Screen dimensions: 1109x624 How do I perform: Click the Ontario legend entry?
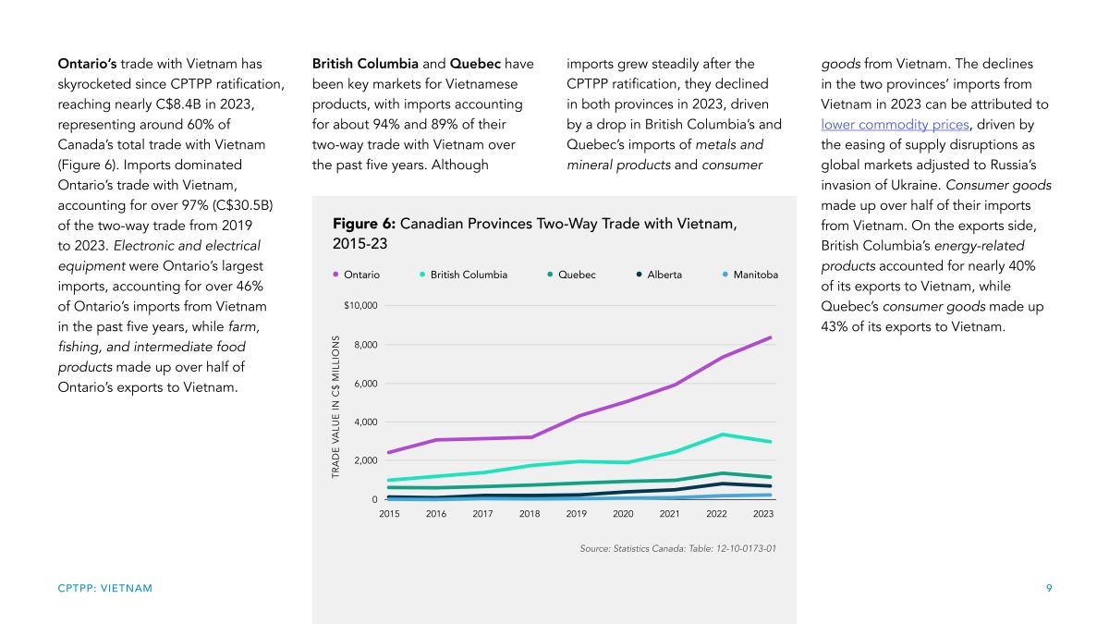pos(357,275)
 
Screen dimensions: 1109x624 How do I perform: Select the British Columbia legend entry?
pos(463,275)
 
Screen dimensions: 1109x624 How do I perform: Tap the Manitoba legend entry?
pos(750,275)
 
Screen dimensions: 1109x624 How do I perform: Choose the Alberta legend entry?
pos(659,275)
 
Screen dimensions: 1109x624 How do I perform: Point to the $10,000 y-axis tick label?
pos(360,306)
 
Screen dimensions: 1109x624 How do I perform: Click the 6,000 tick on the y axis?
pos(366,384)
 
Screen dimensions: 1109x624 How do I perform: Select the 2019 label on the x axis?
pos(577,514)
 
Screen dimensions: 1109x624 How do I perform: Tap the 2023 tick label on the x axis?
pos(763,514)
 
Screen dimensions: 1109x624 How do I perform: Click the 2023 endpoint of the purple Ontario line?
pos(770,337)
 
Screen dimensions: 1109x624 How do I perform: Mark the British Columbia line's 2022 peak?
pos(723,434)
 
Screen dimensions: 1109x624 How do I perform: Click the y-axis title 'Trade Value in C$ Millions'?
pos(335,407)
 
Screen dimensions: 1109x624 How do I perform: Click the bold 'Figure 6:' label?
pos(364,224)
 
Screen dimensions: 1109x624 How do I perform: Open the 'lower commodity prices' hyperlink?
pos(896,125)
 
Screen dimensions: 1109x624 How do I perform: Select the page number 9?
pos(1049,588)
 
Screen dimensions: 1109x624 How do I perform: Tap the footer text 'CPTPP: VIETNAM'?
pos(105,588)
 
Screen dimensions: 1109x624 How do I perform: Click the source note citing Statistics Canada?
pos(677,549)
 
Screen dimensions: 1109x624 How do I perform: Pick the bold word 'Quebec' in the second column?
pos(475,64)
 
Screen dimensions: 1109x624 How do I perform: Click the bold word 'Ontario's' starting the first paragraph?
pos(87,64)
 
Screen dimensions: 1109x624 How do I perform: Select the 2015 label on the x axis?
pos(389,514)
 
